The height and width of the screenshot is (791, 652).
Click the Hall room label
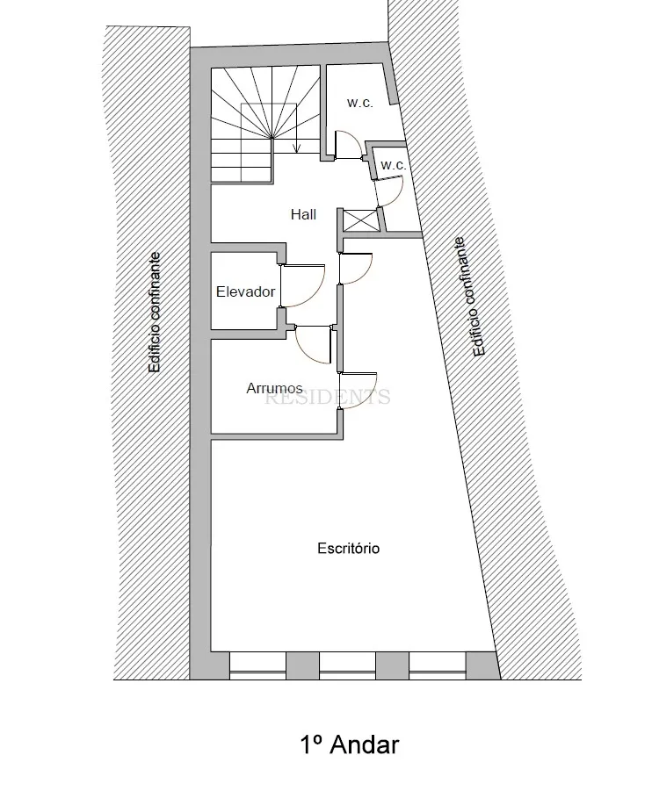coord(303,214)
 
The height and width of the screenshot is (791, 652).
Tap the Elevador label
coord(245,291)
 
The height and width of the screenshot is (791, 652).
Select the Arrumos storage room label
coord(274,388)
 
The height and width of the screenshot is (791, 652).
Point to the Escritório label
coord(348,549)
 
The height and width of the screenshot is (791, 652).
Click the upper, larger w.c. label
coord(360,103)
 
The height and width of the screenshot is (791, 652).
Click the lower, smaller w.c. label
coord(393,165)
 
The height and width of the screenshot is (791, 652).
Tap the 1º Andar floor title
coord(350,744)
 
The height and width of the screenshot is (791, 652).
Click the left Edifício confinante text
coord(154,313)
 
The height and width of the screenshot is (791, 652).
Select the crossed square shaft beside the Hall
coord(360,220)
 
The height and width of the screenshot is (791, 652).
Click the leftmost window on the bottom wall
coord(258,665)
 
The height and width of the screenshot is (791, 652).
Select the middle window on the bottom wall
coord(347,665)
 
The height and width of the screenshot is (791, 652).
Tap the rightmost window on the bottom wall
coord(437,665)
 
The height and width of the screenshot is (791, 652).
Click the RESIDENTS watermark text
coord(328,397)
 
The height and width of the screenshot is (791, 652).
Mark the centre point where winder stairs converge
coord(272,137)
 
